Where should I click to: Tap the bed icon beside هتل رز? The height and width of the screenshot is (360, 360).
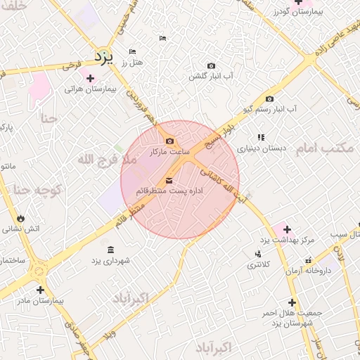pyautogui.click(x=132, y=51)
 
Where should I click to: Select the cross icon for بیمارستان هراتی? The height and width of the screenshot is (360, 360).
pyautogui.click(x=89, y=77)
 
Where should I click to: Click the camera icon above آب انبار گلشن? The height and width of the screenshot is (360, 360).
pyautogui.click(x=212, y=65)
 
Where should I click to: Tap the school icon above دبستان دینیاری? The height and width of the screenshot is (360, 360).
pyautogui.click(x=260, y=138)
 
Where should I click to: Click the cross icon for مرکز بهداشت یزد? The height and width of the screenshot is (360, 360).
pyautogui.click(x=288, y=229)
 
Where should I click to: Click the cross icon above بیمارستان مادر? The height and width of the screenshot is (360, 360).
pyautogui.click(x=40, y=289)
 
